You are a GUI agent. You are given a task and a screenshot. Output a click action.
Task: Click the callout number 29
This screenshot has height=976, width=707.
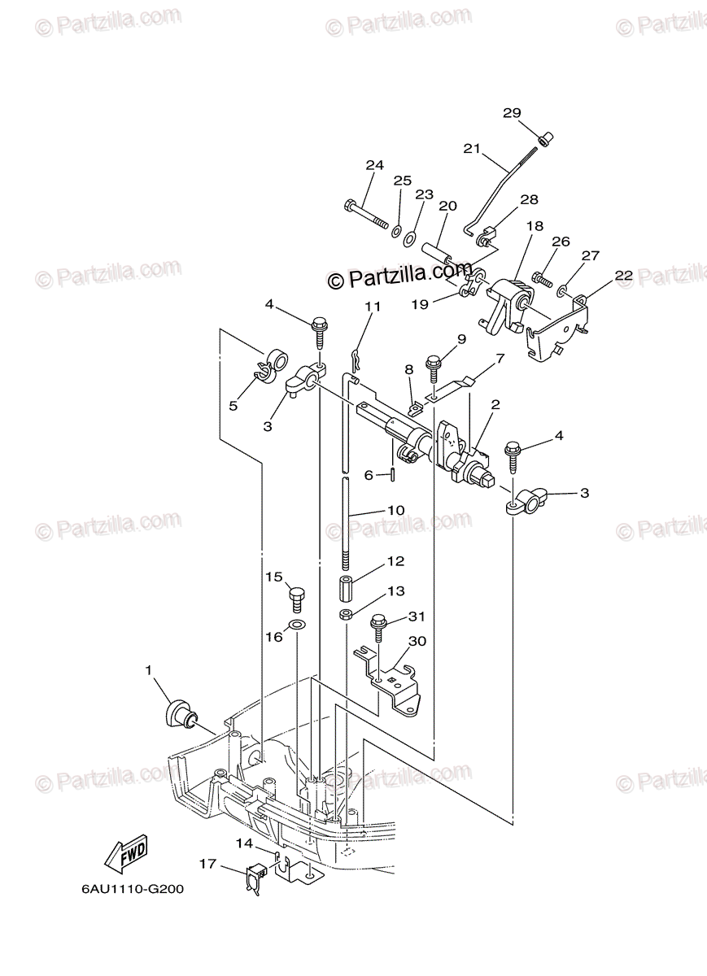511,113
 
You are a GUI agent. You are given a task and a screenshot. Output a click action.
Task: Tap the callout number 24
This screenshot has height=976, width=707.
373,165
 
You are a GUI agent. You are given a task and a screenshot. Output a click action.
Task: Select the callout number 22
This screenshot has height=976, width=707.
623,276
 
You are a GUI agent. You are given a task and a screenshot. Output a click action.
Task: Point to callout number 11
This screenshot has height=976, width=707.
373,307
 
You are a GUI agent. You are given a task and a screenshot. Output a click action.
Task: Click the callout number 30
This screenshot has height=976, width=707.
417,641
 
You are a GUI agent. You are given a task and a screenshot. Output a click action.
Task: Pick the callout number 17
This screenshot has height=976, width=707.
208,865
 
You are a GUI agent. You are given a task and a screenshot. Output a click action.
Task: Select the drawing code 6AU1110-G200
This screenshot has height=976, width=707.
133,889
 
